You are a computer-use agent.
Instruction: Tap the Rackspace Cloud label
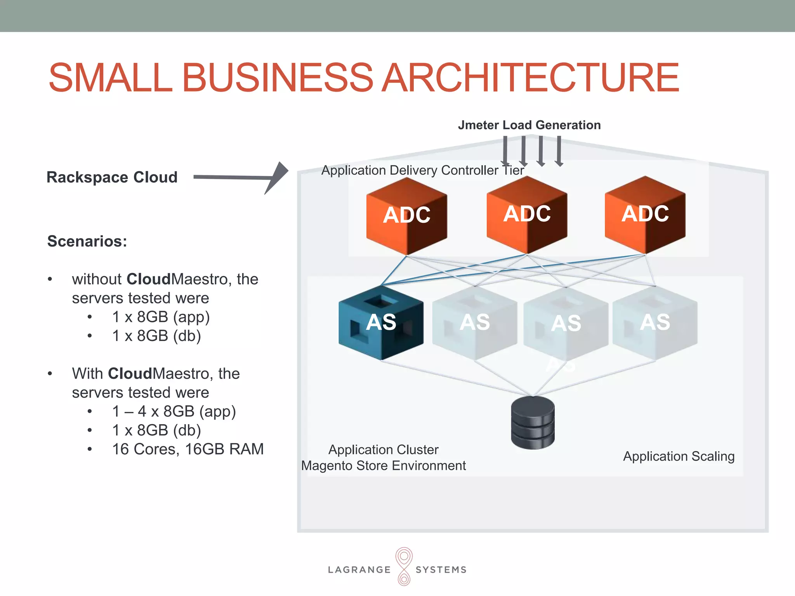coord(112,177)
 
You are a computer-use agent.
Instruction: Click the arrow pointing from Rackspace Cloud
coord(241,177)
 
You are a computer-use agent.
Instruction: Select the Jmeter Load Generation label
coord(529,125)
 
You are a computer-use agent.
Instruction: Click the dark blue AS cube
coord(381,322)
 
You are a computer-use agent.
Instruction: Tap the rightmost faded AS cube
coord(655,322)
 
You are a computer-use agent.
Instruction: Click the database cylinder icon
coord(533,423)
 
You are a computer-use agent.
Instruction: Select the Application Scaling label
coord(679,456)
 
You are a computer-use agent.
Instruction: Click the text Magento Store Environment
coord(383,466)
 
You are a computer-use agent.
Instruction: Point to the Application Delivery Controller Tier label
coord(422,170)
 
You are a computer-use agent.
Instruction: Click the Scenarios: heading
coord(87,241)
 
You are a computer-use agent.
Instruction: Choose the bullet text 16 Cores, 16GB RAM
coord(188,449)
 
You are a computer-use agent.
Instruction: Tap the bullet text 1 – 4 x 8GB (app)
coord(174,411)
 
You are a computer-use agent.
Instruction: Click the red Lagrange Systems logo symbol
coord(404,566)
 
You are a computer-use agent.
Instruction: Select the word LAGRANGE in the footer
coord(359,570)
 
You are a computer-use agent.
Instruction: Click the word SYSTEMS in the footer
coord(441,570)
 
